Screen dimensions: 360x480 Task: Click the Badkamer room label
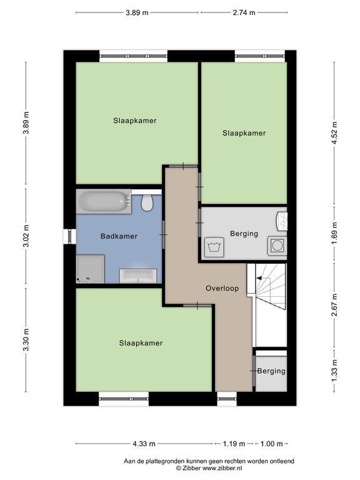(119, 236)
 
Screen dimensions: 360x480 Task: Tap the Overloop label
(222, 288)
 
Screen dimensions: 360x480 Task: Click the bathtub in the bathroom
(104, 201)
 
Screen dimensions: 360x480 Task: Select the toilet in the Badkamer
(147, 202)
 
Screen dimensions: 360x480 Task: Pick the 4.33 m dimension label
(144, 444)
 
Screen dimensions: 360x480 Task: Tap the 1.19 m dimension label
(234, 444)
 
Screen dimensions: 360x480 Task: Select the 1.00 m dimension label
(271, 444)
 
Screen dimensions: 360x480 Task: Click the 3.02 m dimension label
(26, 236)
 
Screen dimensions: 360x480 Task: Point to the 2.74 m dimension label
(244, 12)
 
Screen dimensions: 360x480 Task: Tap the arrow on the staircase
(259, 278)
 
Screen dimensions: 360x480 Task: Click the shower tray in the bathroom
(90, 269)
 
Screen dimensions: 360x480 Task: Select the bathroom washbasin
(138, 276)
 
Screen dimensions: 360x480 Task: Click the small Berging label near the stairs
(271, 371)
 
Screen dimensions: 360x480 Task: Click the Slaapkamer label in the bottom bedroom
(141, 343)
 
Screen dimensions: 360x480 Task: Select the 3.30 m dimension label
(26, 339)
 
